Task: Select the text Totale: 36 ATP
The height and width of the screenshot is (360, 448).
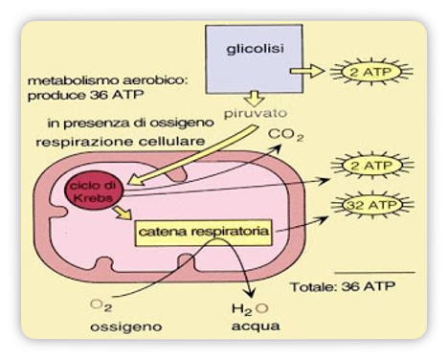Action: (340, 286)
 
